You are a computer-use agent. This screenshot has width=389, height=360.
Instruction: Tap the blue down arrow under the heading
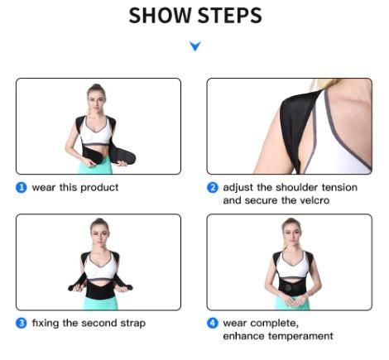(x=194, y=47)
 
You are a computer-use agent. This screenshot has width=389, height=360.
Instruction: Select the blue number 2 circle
(x=213, y=188)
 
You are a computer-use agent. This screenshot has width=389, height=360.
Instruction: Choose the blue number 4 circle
(x=213, y=323)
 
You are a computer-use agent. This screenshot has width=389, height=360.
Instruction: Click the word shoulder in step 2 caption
(x=303, y=188)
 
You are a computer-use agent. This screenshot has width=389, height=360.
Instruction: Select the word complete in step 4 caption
(x=270, y=323)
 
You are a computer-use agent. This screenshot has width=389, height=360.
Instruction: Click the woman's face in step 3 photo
(x=98, y=229)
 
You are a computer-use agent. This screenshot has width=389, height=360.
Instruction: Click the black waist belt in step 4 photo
(x=291, y=286)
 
